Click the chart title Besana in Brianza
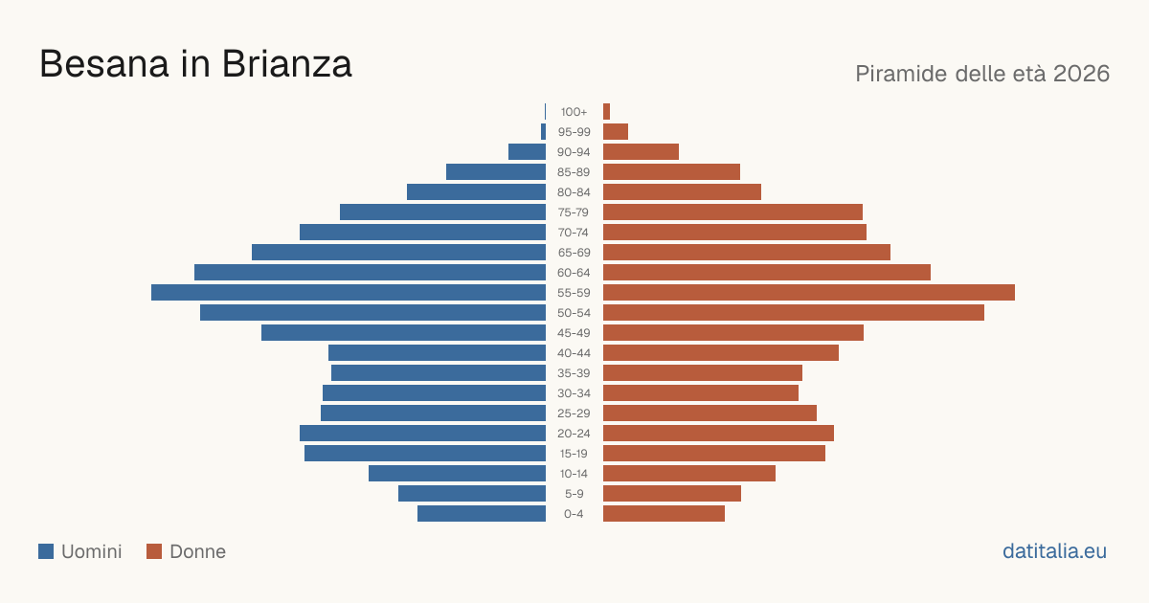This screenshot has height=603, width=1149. coord(195,64)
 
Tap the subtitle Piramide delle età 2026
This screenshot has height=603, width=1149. coord(982,74)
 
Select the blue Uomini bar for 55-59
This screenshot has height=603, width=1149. coord(349,292)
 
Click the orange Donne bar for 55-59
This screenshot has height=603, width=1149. coord(809,292)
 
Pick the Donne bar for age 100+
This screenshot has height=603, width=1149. coord(606,111)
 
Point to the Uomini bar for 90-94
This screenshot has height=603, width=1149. coord(527,152)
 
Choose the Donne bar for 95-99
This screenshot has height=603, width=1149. coord(616,132)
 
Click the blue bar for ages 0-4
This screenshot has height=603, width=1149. coord(482,513)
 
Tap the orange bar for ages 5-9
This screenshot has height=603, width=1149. coord(672,493)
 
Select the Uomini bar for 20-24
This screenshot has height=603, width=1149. coord(422,434)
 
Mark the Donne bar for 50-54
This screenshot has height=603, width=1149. coord(794,312)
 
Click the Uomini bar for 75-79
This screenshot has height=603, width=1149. coord(442,212)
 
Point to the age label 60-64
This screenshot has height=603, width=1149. coord(574,272)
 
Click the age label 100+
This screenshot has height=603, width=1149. coord(574,112)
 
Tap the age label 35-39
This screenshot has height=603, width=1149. coord(574,372)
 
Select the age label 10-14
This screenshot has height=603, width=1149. coord(574,473)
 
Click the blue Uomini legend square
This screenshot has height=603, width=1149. coord(46,551)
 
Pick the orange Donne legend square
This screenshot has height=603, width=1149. coord(154,551)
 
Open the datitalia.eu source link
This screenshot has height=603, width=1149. coord(1054,551)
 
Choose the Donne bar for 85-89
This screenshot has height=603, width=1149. coord(671,171)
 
